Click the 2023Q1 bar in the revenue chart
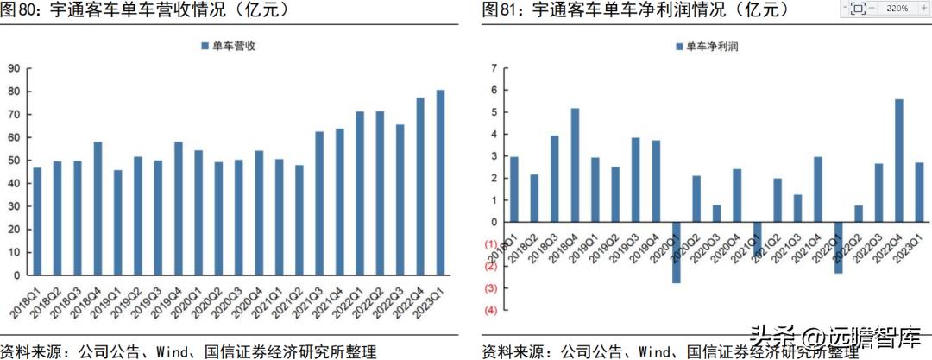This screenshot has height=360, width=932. tap(440, 182)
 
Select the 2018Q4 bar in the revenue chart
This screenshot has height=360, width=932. tap(98, 208)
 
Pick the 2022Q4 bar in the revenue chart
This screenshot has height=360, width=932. tap(420, 186)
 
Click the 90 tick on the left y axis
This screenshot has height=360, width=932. tap(15, 69)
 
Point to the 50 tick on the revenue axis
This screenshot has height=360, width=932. tap(15, 161)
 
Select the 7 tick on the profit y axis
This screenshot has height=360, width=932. tap(493, 68)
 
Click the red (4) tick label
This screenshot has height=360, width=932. tap(490, 310)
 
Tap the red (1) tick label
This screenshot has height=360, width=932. tap(490, 244)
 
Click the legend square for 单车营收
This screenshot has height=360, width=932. tap(205, 46)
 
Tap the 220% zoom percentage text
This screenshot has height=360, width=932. tap(896, 8)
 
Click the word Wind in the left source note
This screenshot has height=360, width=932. tap(173, 351)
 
